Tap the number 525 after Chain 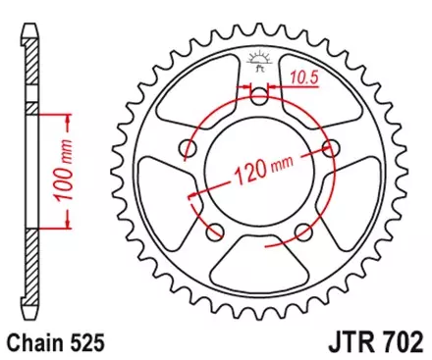82,345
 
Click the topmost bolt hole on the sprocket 259,96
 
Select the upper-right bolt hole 331,148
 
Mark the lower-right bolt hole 303,232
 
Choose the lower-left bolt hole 215,232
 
